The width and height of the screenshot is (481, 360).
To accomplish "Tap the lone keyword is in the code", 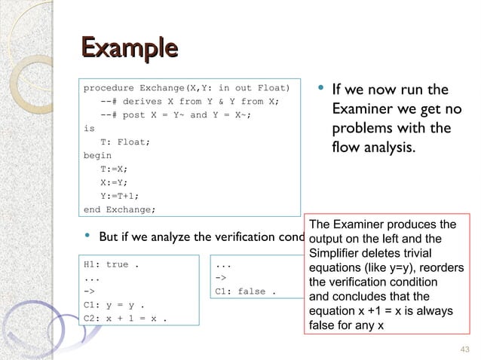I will click(x=89, y=129).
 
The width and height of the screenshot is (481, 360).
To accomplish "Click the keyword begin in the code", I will click(x=97, y=155).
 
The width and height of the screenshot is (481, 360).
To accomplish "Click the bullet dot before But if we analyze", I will click(x=89, y=237).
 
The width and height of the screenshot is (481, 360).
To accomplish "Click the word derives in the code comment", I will click(x=142, y=102).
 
